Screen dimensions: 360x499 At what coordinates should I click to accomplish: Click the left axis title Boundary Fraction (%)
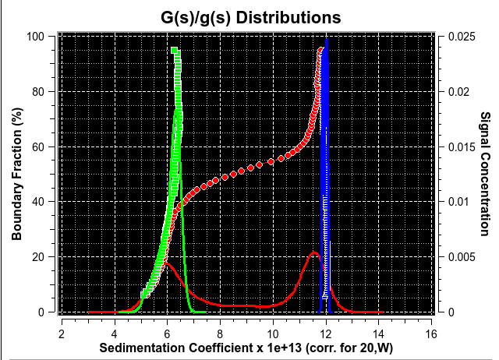point(16,174)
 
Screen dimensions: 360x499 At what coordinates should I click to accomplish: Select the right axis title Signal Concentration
point(484,174)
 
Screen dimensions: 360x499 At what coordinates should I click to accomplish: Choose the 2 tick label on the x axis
point(62,333)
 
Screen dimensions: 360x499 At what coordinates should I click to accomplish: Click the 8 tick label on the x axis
point(220,333)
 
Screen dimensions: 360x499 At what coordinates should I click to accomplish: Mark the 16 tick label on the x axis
point(431,333)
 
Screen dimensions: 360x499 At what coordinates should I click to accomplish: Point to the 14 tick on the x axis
point(379,333)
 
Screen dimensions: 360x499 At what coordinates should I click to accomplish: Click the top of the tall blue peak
point(327,39)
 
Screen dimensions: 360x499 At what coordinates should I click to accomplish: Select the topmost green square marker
point(174,51)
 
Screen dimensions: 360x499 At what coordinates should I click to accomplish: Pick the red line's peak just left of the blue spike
point(314,252)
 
